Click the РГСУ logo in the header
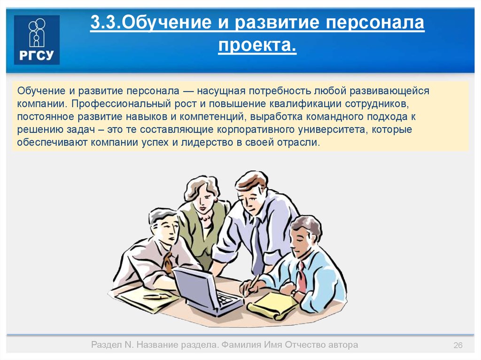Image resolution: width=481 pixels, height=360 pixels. pos(37,40)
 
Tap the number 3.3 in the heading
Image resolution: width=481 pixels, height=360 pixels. pos(104,23)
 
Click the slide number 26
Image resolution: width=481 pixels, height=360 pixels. pos(458,345)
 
